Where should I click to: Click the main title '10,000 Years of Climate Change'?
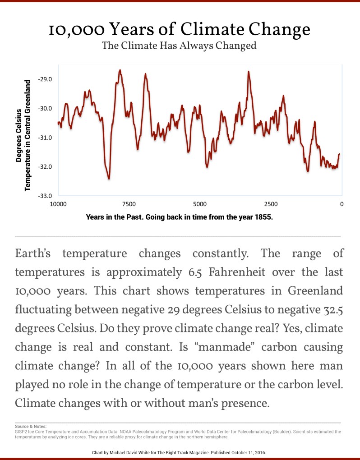pos(180,30)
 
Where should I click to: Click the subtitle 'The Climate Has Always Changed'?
pos(179,46)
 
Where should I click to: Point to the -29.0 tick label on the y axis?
pos(46,79)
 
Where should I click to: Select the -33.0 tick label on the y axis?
pos(46,196)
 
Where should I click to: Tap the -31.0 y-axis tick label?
pos(46,138)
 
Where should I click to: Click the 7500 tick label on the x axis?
pos(129,204)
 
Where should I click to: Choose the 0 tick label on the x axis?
pos(342,204)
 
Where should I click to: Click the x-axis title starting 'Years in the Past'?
pos(180,216)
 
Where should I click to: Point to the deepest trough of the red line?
pos(109,179)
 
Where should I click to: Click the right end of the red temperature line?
pos(339,154)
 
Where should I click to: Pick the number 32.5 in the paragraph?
pos(330,311)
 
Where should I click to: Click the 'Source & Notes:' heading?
pos(31,426)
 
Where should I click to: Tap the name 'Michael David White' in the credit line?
pos(127,451)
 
